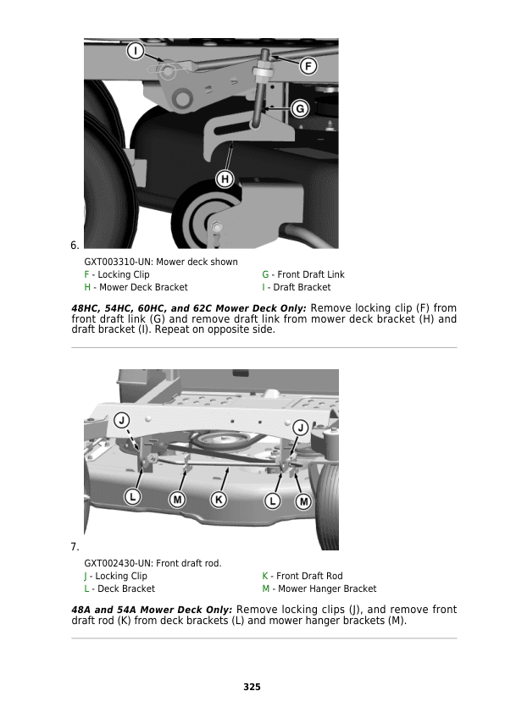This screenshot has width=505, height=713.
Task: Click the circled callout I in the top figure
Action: pos(136,52)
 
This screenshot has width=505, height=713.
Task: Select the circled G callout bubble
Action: pos(298,108)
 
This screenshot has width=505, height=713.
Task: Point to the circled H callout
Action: pos(225,179)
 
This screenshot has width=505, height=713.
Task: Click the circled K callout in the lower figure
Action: pos(219,500)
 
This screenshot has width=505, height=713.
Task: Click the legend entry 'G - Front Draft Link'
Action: pos(303,274)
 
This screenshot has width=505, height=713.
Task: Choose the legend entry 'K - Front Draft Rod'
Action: pos(302,576)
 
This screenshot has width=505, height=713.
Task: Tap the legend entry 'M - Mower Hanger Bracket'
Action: pos(319,589)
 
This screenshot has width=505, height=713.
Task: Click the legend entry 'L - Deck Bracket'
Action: pos(119,589)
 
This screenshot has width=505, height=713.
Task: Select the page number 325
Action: pos(252,687)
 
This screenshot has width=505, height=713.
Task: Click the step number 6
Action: pos(75,246)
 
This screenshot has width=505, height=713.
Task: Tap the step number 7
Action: pos(75,547)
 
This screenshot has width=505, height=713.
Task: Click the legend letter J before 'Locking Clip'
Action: pos(86,576)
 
